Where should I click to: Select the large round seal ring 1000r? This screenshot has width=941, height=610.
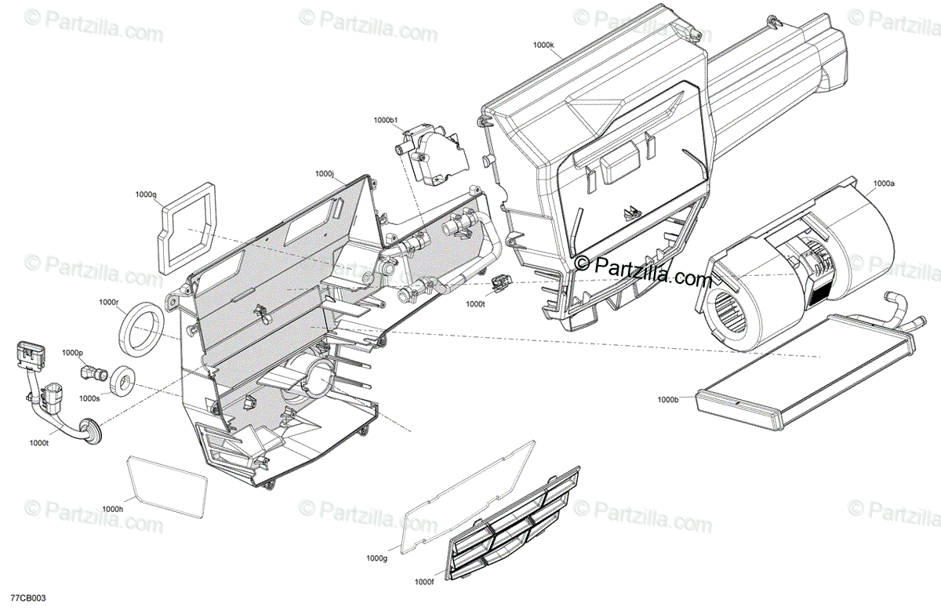143,328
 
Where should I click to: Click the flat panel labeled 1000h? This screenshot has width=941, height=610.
167,487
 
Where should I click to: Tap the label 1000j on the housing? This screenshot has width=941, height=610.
325,173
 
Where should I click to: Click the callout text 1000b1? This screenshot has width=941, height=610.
387,120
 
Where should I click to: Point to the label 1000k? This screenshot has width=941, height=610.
543,45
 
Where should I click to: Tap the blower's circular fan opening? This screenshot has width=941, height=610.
729,307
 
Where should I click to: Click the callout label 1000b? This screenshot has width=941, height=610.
668,400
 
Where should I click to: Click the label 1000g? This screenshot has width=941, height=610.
377,558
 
